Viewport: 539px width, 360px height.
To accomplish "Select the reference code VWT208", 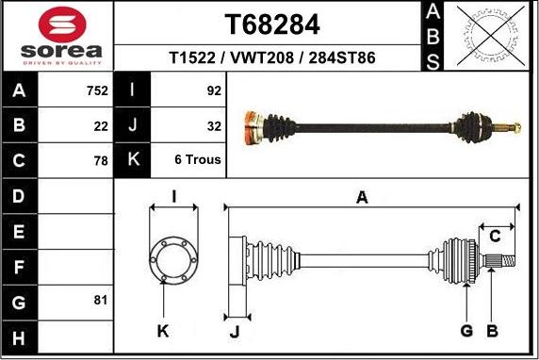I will click(259, 57).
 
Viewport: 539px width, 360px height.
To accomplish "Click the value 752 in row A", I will click(96, 91).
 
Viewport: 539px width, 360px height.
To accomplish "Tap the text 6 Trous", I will click(198, 160).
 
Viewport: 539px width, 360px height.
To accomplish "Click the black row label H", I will click(21, 336).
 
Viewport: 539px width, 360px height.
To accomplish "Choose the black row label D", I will click(21, 196).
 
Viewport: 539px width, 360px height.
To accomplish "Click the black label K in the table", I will click(132, 160).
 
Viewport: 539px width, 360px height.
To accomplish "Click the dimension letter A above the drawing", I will click(361, 198).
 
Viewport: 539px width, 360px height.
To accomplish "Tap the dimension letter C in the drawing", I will click(494, 236).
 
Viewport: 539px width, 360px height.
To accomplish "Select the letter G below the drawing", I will click(465, 331).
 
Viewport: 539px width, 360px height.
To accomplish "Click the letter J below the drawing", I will click(236, 331).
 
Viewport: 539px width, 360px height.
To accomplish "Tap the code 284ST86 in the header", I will click(338, 57).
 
